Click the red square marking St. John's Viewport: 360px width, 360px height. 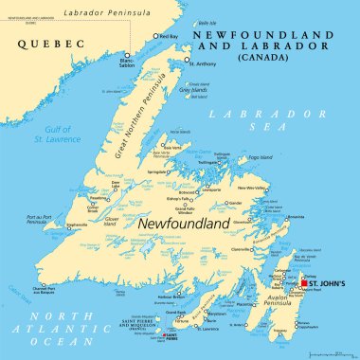(304, 283)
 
